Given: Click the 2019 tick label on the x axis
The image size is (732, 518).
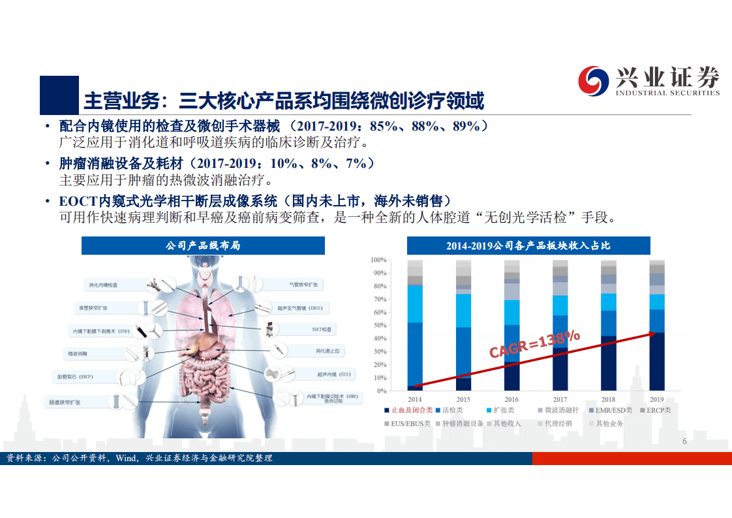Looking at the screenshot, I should [656, 399].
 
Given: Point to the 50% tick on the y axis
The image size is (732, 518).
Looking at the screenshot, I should [379, 325].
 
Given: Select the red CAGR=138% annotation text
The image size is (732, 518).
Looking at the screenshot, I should [534, 344].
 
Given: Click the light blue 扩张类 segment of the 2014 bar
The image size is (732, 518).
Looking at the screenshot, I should [415, 304].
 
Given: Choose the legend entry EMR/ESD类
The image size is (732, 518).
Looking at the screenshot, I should [613, 410].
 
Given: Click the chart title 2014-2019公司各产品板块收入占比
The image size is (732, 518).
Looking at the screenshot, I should [528, 246].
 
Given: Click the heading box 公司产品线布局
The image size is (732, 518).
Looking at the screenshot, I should [204, 246].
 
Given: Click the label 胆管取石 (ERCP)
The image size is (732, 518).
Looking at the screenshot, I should [75, 377].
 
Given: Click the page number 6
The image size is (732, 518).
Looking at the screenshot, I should [684, 442].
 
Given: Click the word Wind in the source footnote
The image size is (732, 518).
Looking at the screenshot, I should [125, 459].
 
